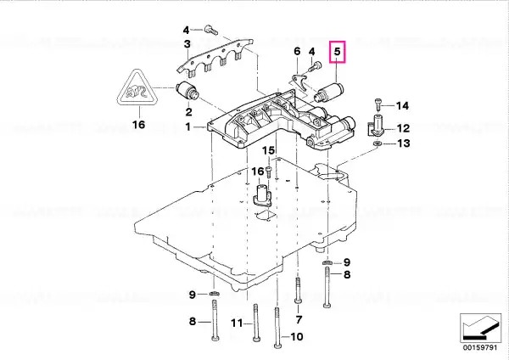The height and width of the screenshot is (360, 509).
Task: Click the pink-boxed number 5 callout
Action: coord(338,52)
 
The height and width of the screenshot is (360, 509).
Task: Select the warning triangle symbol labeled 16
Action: coord(138,89)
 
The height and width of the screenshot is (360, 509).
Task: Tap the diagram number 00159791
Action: coord(480,347)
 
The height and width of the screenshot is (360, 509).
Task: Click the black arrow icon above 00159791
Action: coord(480,328)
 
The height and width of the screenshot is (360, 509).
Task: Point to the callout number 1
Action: coord(187,127)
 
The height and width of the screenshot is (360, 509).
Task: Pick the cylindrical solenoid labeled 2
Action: coord(187,92)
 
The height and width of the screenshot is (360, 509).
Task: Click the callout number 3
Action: coord(187,43)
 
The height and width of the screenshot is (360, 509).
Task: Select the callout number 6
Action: coord(297,51)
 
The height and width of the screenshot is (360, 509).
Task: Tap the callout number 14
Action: coord(402,105)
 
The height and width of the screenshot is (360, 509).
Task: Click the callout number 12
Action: coord(403,128)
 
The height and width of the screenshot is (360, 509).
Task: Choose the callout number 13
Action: coord(404,143)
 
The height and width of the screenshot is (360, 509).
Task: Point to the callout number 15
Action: coord(268,150)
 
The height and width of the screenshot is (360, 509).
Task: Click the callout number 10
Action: coord(296,336)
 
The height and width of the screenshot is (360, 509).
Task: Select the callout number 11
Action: coord(237,323)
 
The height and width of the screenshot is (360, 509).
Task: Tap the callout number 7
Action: coord(299,319)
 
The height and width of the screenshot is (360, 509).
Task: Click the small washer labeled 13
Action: coord(378,143)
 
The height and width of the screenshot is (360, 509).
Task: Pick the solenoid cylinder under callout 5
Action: coord(330,93)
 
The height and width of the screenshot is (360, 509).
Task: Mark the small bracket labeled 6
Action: coord(299,83)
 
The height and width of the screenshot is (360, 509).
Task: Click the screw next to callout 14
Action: coord(378,104)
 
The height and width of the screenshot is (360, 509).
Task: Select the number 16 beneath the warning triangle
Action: coord(138,125)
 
